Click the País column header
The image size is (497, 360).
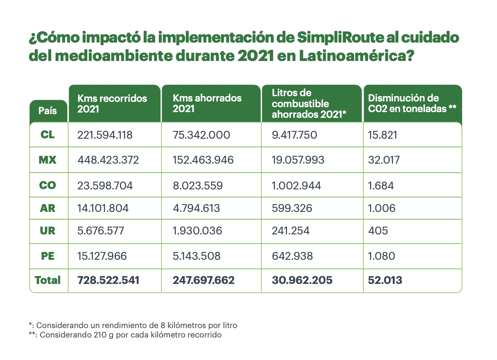48,110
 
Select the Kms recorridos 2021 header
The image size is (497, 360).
112,104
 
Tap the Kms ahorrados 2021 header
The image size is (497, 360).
207,103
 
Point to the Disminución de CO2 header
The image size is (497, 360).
412,103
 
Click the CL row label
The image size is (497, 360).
48,135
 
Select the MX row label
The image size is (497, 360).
47,160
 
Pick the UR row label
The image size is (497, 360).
48,231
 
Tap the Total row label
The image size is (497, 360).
47,280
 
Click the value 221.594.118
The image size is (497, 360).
105,135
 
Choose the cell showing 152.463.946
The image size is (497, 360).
203,160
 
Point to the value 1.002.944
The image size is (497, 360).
296,185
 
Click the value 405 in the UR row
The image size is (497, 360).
378,231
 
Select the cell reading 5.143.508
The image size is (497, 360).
197,256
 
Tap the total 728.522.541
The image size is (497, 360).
108,280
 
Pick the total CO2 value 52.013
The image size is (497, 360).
385,280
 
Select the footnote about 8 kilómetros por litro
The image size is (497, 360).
133,326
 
